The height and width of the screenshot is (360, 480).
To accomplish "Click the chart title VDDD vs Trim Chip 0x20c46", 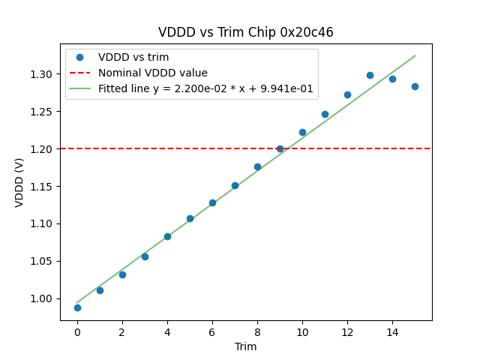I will [245, 32].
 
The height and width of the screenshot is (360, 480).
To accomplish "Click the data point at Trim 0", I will [77, 307].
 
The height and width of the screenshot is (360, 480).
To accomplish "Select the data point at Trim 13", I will [370, 75].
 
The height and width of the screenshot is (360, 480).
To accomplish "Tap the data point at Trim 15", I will [415, 86].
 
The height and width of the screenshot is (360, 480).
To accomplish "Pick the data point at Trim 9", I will [280, 148].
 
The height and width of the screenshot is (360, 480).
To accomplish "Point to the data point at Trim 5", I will [190, 218].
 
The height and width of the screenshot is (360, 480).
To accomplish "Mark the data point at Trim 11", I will [325, 114].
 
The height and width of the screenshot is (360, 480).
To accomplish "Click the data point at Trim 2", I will [122, 274].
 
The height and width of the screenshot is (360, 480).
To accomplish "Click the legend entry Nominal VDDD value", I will [152, 73].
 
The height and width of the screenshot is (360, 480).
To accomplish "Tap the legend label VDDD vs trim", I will [133, 57].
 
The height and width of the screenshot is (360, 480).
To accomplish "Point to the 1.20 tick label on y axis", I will [43, 148].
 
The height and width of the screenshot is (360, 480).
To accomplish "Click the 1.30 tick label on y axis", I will [43, 74].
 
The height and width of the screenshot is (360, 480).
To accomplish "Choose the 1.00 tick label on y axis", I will [43, 298].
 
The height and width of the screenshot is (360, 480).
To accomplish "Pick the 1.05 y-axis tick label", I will [43, 261].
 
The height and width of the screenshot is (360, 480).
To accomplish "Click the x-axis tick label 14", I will [392, 331].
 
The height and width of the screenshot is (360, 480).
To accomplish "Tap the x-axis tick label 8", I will [257, 331].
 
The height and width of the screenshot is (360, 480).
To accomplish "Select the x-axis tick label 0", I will [77, 331].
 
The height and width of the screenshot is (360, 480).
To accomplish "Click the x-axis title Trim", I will [245, 346].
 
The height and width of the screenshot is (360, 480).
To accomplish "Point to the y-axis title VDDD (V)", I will [20, 181].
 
